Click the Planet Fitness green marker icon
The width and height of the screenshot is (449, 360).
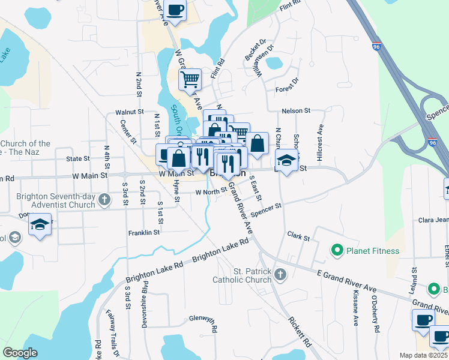(337, 249)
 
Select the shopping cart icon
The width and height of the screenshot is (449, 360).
(190, 79)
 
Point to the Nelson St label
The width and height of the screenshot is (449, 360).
(297, 111)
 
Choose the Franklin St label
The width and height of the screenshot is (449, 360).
(144, 232)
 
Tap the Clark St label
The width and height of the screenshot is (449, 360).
(298, 237)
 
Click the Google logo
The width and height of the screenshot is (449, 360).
(20, 353)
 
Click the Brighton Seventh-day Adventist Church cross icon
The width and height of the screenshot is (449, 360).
(104, 199)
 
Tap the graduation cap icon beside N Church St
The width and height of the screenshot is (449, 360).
(287, 160)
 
